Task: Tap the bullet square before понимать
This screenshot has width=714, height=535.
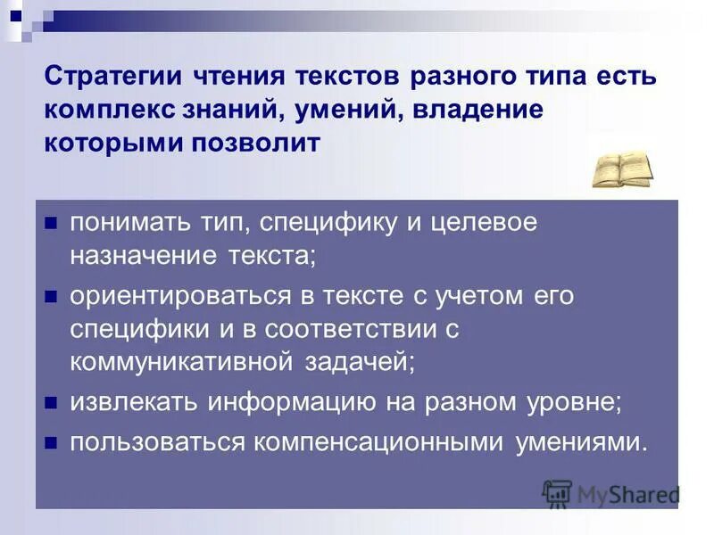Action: point(51,223)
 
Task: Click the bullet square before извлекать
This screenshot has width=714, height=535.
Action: point(51,403)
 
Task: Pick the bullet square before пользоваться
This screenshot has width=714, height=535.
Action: point(51,441)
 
